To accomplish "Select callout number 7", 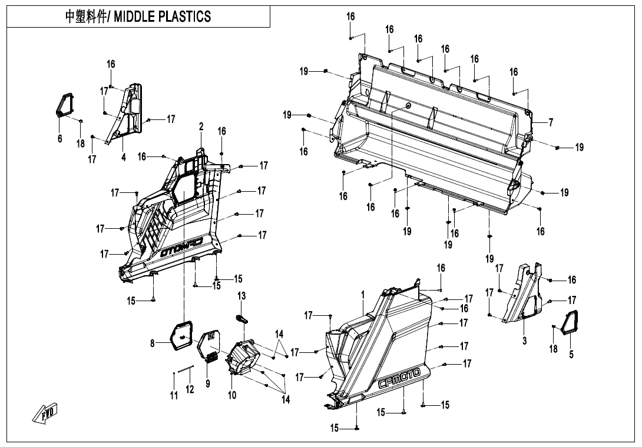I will [551, 122].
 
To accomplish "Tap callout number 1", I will [363, 293].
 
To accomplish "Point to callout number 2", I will [201, 126].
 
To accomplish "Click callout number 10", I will [232, 395].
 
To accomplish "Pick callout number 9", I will [207, 383].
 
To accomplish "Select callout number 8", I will [153, 343].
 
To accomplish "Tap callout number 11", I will [174, 396].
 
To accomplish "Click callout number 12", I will [190, 389].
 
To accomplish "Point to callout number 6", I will [59, 138].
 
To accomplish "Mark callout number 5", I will [571, 354].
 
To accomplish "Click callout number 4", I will [124, 157].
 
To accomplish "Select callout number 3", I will [524, 341].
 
